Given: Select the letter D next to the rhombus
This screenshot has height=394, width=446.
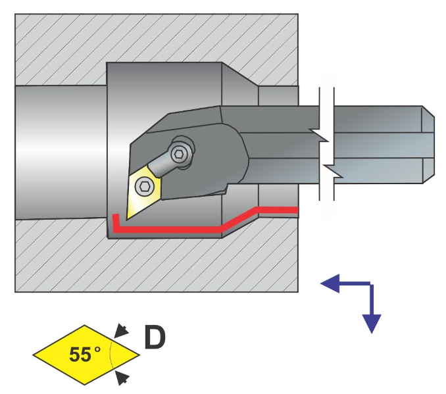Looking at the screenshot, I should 155,338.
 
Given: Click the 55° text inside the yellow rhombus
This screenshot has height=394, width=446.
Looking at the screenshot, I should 84,355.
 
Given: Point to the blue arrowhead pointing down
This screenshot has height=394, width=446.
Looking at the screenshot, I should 372,322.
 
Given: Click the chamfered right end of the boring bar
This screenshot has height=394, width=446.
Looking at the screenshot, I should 428,144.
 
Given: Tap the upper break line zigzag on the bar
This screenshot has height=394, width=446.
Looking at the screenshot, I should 322,135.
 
